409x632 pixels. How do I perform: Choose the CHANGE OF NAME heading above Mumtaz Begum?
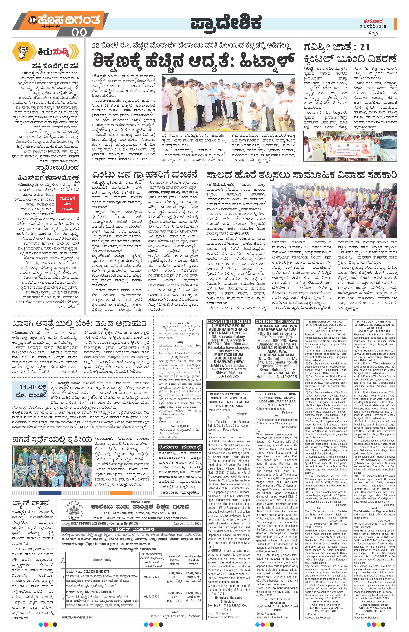point(229,321)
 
